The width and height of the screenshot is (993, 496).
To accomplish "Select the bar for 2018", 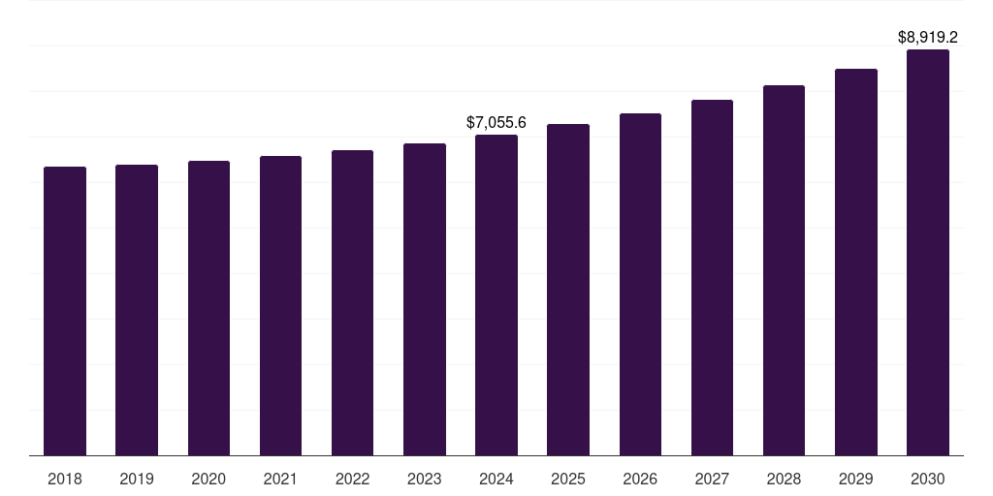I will pos(65,311).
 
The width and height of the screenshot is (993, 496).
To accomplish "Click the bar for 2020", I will pos(208,308).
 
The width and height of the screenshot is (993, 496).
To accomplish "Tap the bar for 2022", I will pos(352,302).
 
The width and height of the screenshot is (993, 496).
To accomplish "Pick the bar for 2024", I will pos(496,294).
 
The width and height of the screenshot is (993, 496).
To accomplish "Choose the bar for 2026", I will pos(640,284).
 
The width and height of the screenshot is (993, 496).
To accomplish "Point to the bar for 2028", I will pos(784,270).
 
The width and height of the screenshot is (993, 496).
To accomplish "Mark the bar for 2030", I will pos(928,252).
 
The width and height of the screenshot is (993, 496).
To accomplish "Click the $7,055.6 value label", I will pos(496,123).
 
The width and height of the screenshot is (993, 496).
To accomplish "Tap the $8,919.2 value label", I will pos(928,38).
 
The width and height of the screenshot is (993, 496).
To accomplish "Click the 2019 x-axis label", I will pos(137,479).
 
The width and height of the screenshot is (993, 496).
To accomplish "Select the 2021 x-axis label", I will pos(280,479).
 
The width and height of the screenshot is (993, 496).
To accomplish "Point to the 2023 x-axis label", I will pos(425,479).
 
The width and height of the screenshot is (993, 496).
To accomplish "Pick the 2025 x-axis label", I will pos(568,479).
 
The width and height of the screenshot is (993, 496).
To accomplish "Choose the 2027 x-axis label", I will pos(712,479).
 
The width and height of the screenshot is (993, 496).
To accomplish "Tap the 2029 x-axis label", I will pos(856,479).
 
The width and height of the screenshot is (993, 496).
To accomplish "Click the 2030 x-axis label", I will pos(928,479).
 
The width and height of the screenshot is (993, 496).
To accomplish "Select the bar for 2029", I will pos(856,262).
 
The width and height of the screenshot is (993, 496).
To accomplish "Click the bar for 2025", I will pos(568,290).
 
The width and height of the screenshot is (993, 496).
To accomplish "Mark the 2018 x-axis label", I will pos(65,479).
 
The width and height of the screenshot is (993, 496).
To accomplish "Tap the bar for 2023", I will pos(425,299).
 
